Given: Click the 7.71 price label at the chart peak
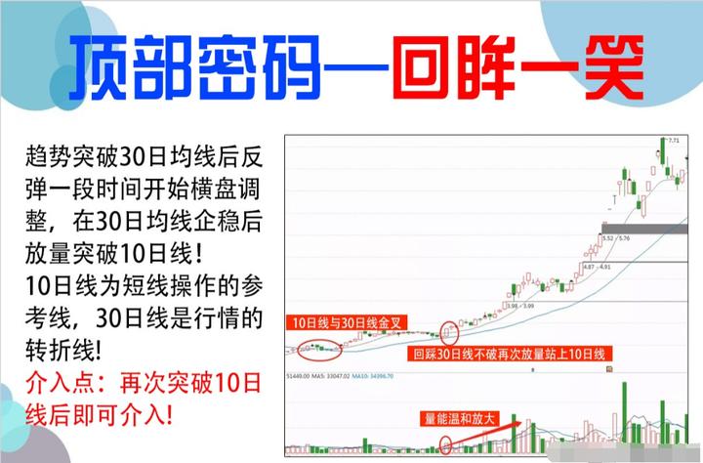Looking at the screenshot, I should (x=672, y=142).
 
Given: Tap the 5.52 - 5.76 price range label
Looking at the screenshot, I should (x=617, y=237).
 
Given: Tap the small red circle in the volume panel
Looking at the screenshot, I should (x=448, y=445).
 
